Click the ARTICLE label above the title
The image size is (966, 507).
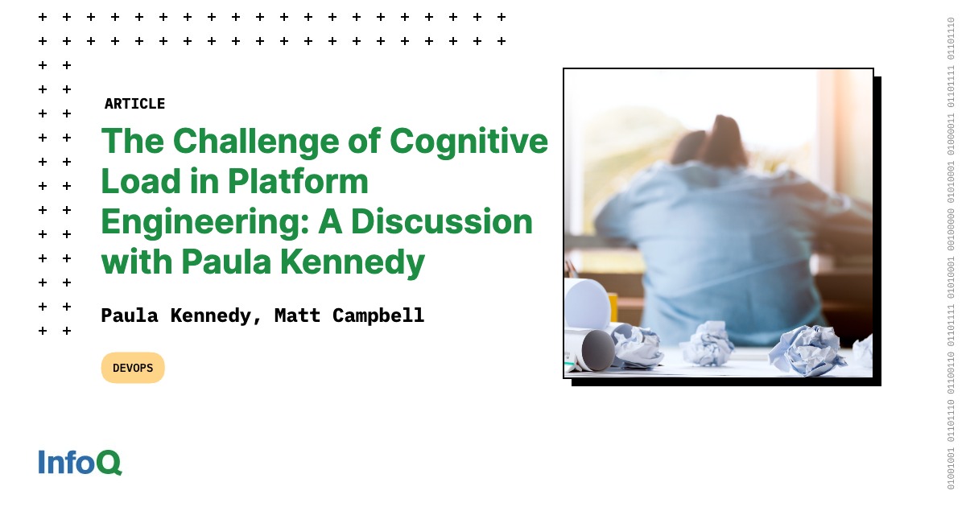(x=134, y=104)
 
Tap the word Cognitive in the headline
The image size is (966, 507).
(x=469, y=142)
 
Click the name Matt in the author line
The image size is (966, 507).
(x=297, y=315)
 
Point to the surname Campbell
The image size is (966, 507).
(x=378, y=315)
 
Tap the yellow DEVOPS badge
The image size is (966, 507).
(x=133, y=368)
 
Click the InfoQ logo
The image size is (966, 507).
(x=80, y=462)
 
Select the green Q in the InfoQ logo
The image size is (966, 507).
(x=109, y=463)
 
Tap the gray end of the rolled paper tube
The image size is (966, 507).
(x=598, y=351)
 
